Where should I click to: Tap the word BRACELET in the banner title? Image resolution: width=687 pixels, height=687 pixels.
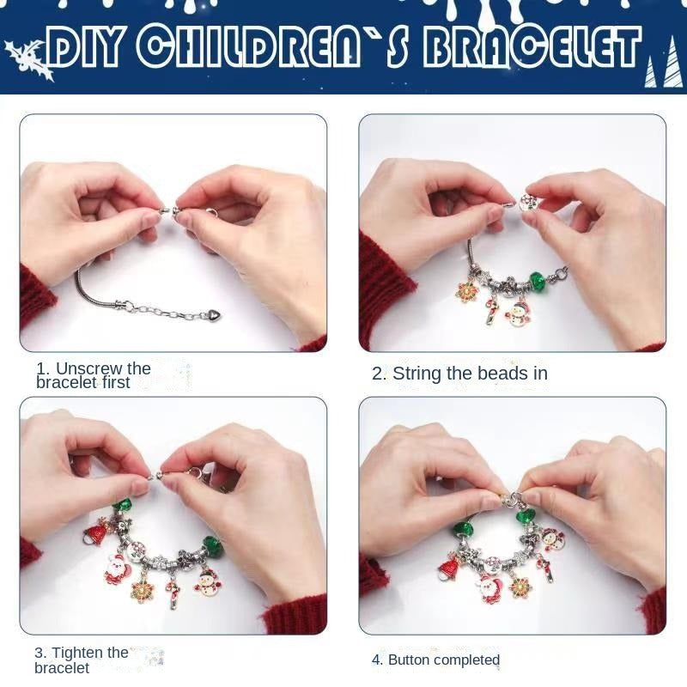click(x=532, y=47)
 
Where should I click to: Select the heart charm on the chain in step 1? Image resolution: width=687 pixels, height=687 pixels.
click(x=214, y=314)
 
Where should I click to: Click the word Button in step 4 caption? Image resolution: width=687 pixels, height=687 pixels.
click(x=409, y=660)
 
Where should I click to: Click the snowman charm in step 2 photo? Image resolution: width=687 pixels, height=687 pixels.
click(x=518, y=313)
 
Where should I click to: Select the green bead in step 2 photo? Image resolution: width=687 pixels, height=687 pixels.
click(x=537, y=280)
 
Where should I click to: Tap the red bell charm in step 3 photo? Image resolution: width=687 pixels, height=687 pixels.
click(x=95, y=531)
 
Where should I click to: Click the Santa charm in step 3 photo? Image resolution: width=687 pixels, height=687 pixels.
click(x=118, y=568)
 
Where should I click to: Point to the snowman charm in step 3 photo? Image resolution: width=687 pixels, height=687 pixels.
click(x=207, y=582)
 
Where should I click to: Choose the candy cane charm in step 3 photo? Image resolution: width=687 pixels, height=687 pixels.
click(x=174, y=593)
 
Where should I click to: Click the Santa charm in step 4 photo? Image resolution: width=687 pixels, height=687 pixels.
click(x=489, y=588)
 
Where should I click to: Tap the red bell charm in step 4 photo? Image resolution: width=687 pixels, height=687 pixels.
click(x=448, y=568)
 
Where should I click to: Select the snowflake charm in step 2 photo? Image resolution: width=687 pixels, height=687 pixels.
click(x=467, y=292)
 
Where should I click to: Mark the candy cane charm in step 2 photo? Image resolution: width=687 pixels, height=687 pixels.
click(x=491, y=310)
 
